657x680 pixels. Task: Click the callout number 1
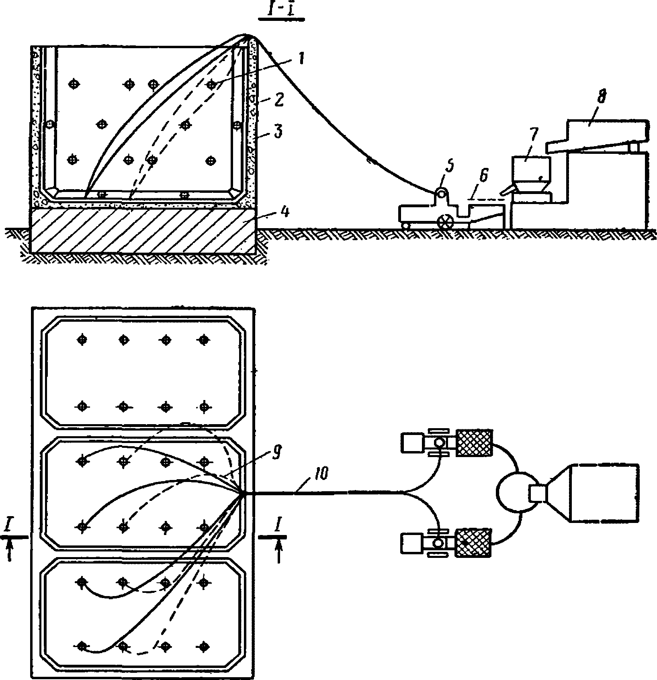302,59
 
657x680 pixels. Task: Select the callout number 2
279,99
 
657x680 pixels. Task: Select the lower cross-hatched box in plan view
473,543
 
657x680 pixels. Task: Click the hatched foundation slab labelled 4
143,230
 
